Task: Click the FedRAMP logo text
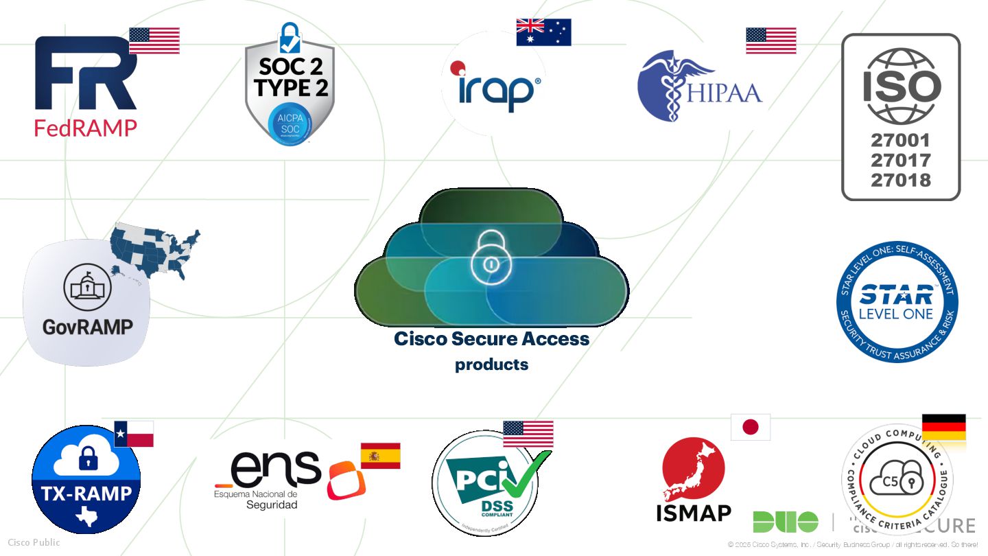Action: (86, 128)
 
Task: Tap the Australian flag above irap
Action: (543, 32)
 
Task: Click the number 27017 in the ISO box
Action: (900, 161)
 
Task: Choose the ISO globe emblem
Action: (901, 86)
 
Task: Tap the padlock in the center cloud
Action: (490, 257)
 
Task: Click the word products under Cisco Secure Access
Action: (491, 364)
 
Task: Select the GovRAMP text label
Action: (87, 327)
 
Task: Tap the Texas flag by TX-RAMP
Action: (134, 434)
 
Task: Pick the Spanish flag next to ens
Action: (380, 456)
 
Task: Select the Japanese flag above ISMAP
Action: (751, 427)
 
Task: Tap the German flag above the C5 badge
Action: (943, 428)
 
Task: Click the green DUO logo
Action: (785, 522)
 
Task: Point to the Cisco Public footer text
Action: (34, 542)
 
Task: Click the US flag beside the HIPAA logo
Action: (771, 40)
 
